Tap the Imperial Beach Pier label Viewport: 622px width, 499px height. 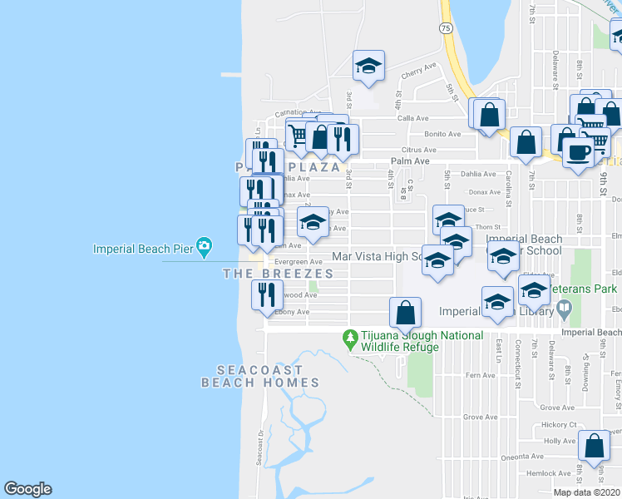141,248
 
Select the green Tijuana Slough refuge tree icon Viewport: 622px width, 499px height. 351,338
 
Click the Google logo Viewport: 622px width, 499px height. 27,489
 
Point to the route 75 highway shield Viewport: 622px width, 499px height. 447,27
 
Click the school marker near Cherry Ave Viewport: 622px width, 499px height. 368,67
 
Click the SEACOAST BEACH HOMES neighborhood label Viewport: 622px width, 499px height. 260,376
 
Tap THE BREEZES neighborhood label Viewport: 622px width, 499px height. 278,274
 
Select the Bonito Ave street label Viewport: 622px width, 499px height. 442,134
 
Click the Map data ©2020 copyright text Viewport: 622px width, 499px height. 585,492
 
